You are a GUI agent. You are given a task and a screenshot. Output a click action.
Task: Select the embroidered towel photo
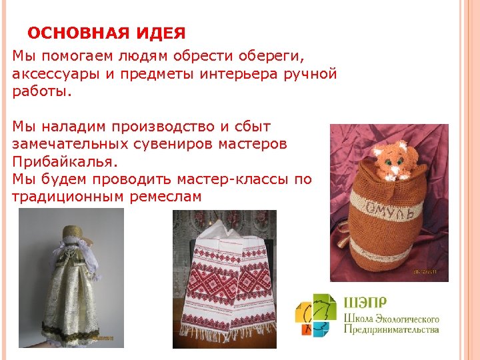[x=224, y=279]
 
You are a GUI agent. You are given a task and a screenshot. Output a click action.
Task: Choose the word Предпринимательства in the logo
[x=391, y=329]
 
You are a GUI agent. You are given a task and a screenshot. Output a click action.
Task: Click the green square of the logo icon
[x=324, y=304]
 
